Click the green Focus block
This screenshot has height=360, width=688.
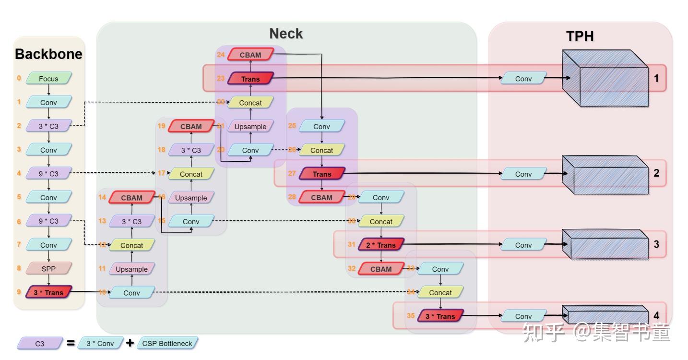(x=48, y=79)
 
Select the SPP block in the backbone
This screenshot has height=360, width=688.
(x=48, y=268)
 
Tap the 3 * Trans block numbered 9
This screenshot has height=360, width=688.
(x=48, y=292)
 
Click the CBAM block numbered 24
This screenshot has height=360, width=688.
(x=250, y=55)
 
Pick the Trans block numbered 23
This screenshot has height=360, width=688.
(x=250, y=79)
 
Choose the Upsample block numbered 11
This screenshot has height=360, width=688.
(x=132, y=269)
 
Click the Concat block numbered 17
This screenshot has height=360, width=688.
(x=191, y=174)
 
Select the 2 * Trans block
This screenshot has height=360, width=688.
(x=381, y=245)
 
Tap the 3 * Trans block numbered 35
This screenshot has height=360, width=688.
(x=440, y=316)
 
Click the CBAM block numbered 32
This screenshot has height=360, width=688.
(x=381, y=269)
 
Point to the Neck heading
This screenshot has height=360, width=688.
(x=286, y=34)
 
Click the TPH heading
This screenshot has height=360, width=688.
(x=580, y=36)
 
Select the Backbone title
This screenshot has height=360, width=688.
(x=48, y=54)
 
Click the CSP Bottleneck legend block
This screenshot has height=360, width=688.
(x=167, y=343)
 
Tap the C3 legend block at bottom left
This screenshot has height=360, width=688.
(x=40, y=344)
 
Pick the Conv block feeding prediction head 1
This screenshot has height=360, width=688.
(x=523, y=78)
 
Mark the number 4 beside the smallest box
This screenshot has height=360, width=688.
(x=656, y=315)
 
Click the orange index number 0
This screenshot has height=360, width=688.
(x=19, y=78)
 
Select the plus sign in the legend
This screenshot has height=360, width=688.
(x=130, y=343)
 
